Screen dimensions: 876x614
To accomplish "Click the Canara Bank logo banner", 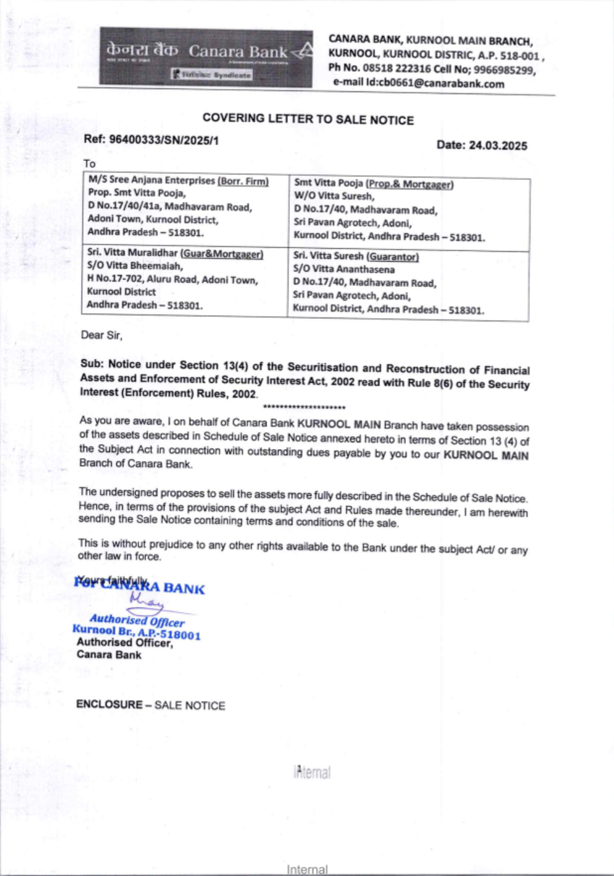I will (x=206, y=57).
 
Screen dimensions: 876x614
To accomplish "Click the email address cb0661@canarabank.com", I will (x=441, y=84).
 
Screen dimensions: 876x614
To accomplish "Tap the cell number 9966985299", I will (x=504, y=70).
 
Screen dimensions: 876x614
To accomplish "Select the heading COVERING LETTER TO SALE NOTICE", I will (x=308, y=119).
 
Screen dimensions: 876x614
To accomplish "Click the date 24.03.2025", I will (x=498, y=146).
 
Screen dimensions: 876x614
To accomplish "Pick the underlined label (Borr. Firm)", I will (x=243, y=181).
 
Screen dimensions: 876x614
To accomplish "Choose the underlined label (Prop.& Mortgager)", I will (x=410, y=184).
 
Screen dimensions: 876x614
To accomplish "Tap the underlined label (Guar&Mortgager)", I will (x=222, y=254).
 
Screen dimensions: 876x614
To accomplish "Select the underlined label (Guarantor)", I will (x=393, y=257).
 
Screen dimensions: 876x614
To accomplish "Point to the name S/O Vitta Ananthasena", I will (x=344, y=270).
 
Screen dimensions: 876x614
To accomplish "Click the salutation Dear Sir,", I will (x=102, y=335).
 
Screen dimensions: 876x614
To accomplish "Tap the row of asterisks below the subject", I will (x=304, y=407).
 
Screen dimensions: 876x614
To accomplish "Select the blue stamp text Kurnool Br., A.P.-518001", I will (x=136, y=632).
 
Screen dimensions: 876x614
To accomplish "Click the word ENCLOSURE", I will (x=109, y=705).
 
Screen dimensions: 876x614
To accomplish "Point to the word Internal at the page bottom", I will (x=307, y=869).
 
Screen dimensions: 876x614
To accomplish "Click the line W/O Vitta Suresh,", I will (x=333, y=197).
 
